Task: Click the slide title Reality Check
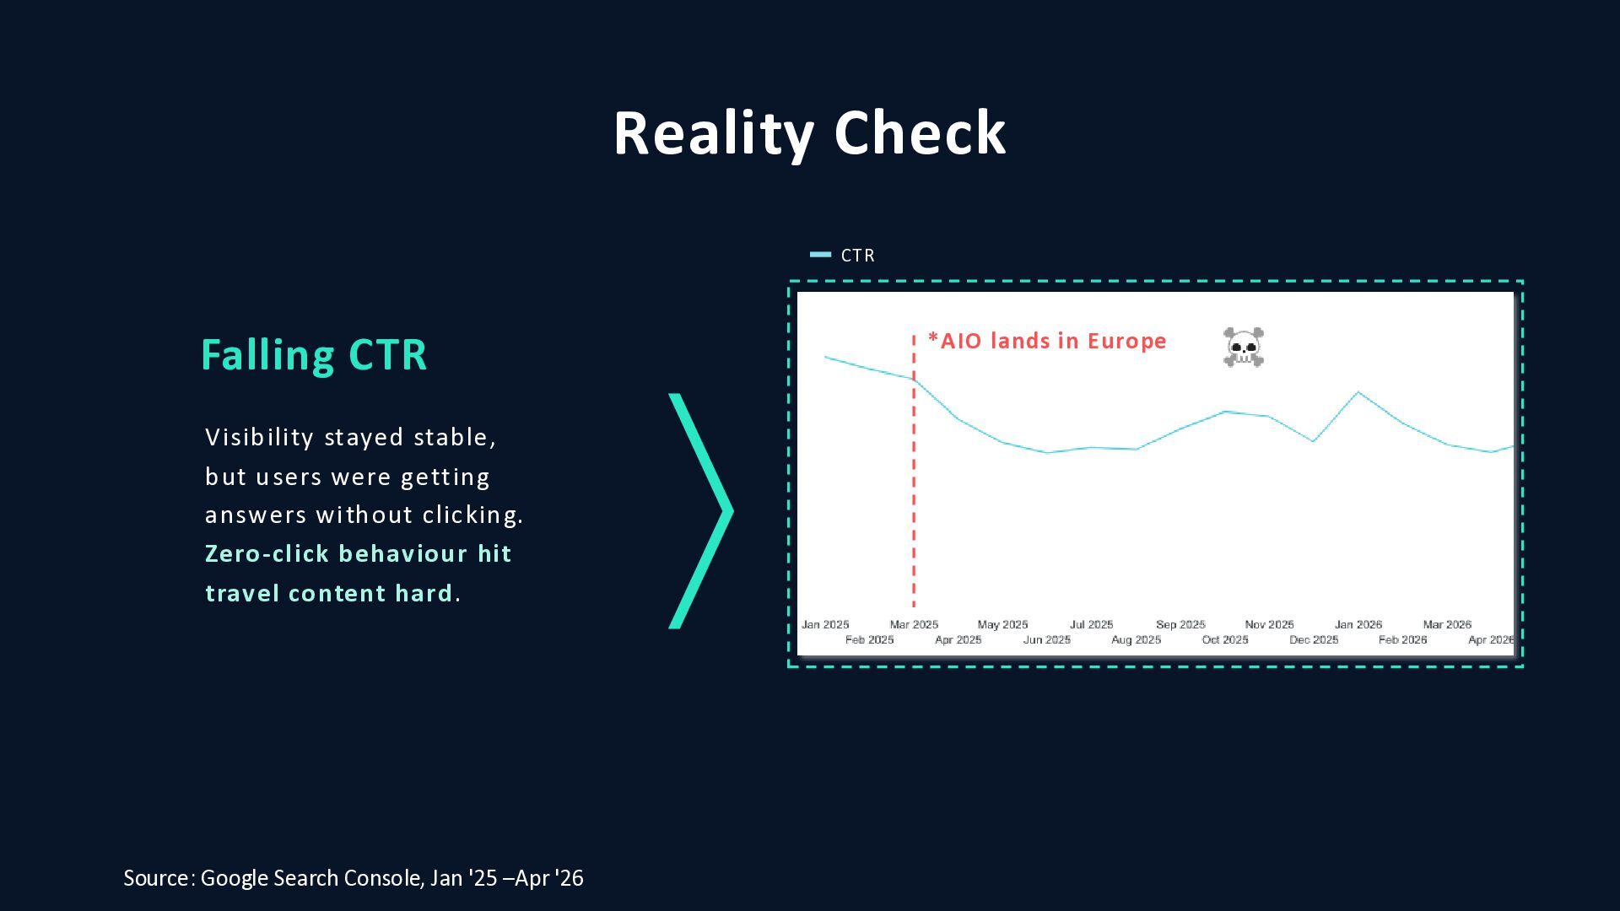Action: pyautogui.click(x=810, y=133)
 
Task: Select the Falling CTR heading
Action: pyautogui.click(x=314, y=355)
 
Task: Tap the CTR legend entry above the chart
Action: pyautogui.click(x=842, y=255)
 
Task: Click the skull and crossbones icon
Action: pyautogui.click(x=1244, y=347)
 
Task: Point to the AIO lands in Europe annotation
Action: pyautogui.click(x=1047, y=341)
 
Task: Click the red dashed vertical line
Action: pyautogui.click(x=914, y=471)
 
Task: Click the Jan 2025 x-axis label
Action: pyautogui.click(x=825, y=625)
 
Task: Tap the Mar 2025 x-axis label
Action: pyautogui.click(x=914, y=625)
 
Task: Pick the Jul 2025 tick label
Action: pyautogui.click(x=1092, y=625)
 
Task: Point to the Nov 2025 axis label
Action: pyautogui.click(x=1270, y=625)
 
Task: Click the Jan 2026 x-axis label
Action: pyautogui.click(x=1358, y=625)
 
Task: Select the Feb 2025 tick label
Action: pyautogui.click(x=870, y=640)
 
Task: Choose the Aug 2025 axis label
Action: pyautogui.click(x=1137, y=640)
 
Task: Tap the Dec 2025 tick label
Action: pyautogui.click(x=1314, y=640)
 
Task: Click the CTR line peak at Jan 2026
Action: pyautogui.click(x=1358, y=392)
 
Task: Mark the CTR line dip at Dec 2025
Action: pyautogui.click(x=1314, y=441)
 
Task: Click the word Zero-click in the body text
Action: pyautogui.click(x=267, y=554)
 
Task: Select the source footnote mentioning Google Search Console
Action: pyautogui.click(x=354, y=878)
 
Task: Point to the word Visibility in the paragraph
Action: pyautogui.click(x=260, y=438)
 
